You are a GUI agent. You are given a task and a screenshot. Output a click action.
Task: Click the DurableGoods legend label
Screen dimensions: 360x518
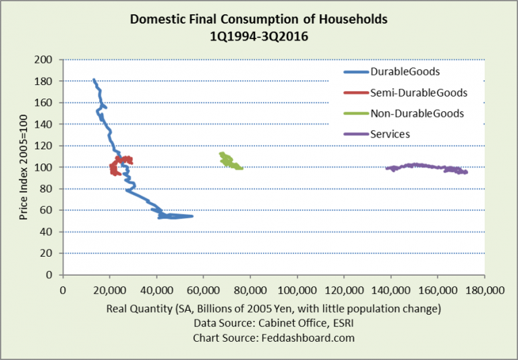coord(405,71)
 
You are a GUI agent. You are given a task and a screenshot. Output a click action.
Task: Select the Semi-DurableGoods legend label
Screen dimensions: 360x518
coord(419,92)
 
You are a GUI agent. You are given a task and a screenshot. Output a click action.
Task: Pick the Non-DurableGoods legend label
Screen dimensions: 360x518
coord(417,113)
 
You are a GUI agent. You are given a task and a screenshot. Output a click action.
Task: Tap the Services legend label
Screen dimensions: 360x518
coord(390,134)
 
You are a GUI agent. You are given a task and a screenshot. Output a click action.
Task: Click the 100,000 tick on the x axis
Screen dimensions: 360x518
coord(296,291)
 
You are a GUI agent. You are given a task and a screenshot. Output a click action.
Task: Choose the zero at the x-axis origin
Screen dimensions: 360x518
coord(63,291)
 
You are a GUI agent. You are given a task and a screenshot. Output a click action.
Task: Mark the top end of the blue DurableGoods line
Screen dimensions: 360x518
coord(94,80)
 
